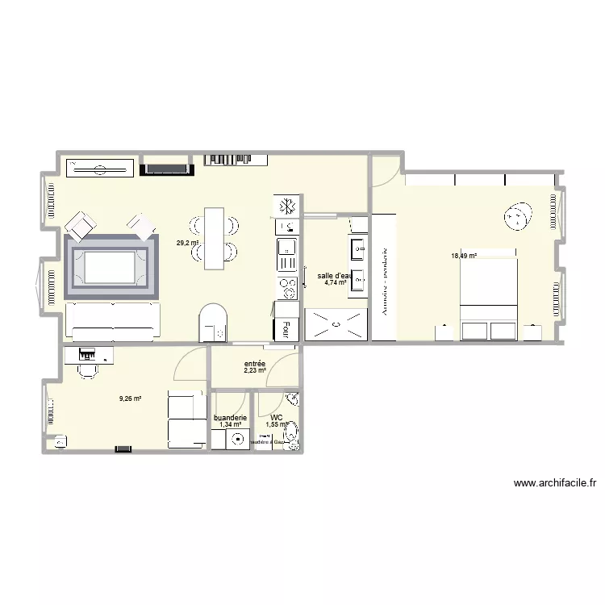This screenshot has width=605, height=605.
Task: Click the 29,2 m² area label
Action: tap(188, 243)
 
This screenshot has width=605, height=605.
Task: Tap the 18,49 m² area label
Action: tap(464, 257)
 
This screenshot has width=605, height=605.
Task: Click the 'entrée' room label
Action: tap(255, 364)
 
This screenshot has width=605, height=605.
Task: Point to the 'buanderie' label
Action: tap(230, 418)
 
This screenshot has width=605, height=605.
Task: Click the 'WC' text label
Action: tap(277, 418)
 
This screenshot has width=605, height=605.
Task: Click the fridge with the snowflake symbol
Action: tap(286, 207)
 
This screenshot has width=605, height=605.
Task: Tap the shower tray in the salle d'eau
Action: tap(335, 325)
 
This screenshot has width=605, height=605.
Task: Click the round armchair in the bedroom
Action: tap(516, 216)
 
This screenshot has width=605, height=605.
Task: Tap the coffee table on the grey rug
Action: tap(109, 264)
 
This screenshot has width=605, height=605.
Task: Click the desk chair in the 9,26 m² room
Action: tap(86, 369)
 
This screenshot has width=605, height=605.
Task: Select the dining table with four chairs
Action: tap(214, 239)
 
